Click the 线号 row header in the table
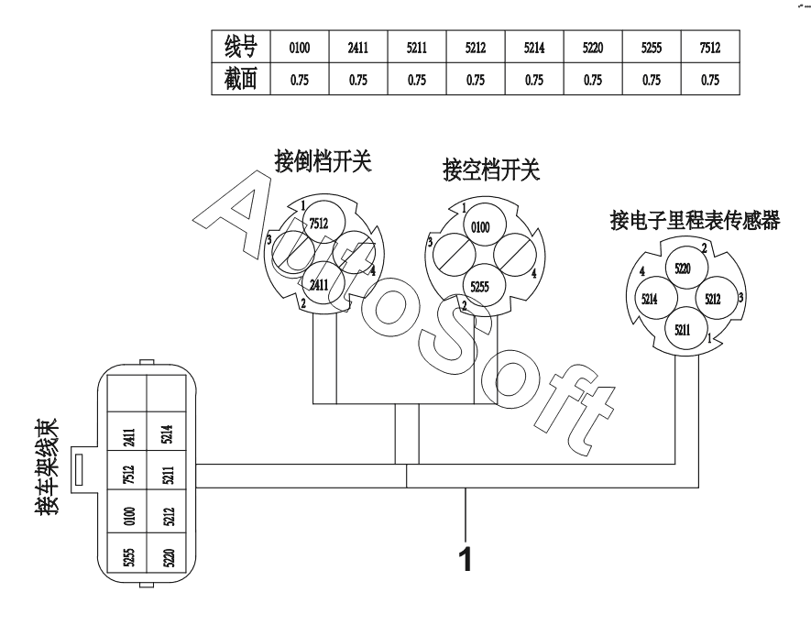(x=240, y=47)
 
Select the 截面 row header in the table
(x=240, y=79)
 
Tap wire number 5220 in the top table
(x=593, y=49)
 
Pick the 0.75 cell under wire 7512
(x=710, y=81)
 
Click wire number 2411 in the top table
(x=358, y=49)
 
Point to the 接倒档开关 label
(x=323, y=161)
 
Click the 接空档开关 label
(x=491, y=170)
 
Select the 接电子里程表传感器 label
(x=695, y=221)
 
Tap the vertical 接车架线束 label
(x=48, y=466)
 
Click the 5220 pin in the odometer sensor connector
(x=683, y=269)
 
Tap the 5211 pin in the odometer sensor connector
(x=683, y=329)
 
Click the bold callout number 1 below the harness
(x=466, y=559)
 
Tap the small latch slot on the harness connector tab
(x=79, y=470)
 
